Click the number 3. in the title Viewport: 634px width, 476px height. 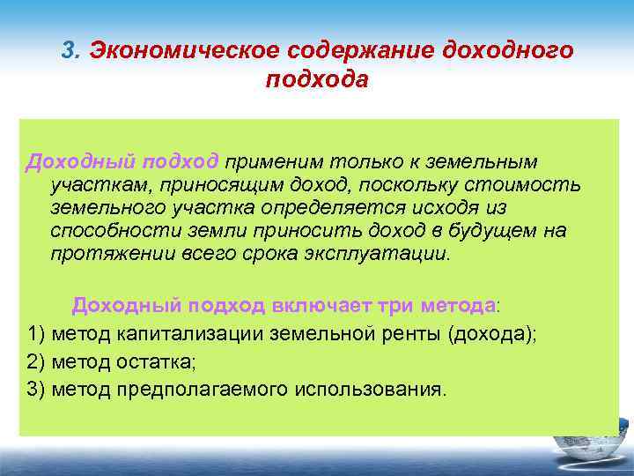tap(72, 50)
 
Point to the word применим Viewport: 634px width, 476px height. tap(273, 163)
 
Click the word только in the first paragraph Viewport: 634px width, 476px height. tap(365, 163)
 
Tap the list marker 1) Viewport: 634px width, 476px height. tap(37, 334)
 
